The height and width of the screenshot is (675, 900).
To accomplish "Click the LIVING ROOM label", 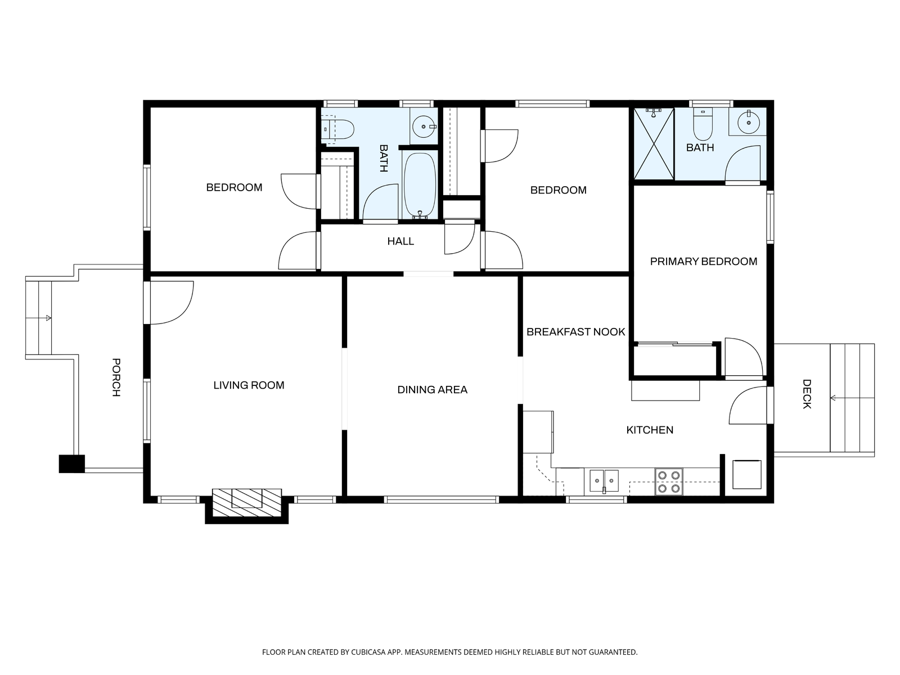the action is (x=249, y=385).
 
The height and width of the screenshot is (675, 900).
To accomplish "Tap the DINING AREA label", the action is (x=432, y=390).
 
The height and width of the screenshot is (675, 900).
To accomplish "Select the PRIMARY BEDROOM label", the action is (x=704, y=262).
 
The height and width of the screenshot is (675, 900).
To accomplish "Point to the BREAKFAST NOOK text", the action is (x=575, y=332).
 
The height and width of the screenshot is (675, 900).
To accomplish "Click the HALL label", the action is (x=400, y=241).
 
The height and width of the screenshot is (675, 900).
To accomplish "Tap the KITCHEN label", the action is (x=650, y=430).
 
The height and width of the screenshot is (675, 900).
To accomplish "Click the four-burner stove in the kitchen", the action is (x=669, y=482).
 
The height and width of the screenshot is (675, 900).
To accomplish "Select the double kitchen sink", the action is (x=604, y=481).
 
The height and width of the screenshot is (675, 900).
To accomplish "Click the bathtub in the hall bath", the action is (x=420, y=185).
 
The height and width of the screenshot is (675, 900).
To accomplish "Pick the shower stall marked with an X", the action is (x=654, y=143).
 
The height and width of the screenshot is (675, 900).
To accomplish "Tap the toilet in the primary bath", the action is (x=703, y=124).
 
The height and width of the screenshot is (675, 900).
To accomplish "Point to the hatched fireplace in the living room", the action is (x=247, y=502).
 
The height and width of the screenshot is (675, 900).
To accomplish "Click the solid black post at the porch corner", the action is (x=72, y=464).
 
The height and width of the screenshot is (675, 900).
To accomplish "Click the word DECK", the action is (x=807, y=394).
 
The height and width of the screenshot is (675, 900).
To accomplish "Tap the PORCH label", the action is (x=116, y=377).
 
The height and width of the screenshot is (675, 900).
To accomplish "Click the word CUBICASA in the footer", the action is (x=368, y=652).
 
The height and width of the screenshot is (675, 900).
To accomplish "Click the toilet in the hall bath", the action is (x=339, y=129).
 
